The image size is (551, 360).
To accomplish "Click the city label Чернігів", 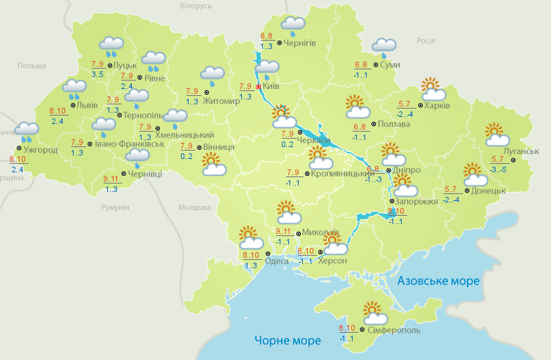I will tap(300, 43).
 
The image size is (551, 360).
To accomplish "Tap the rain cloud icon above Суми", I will tap(384, 47).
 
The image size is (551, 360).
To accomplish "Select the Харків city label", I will tap(435, 106).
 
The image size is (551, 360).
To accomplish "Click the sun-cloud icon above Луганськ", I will tap(496, 134).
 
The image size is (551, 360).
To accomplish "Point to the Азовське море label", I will tap(438, 281).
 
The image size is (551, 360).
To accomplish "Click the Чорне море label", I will tap(287, 340).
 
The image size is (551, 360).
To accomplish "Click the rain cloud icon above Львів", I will tap(74, 90).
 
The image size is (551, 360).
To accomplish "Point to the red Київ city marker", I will tap(258, 86).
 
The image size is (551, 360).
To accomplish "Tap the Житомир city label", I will tap(222, 100).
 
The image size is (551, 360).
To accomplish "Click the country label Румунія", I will tap(115, 208).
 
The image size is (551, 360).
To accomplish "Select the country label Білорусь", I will tap(196, 6).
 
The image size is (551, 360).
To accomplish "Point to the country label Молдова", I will tap(195, 208).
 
